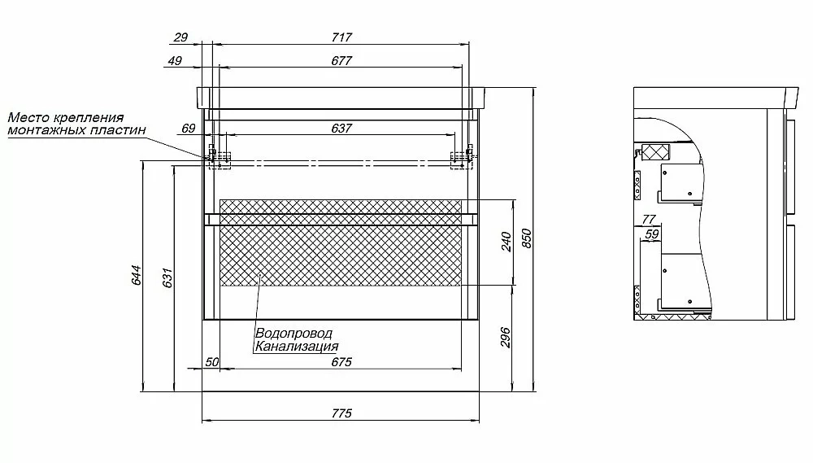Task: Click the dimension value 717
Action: (x=341, y=37)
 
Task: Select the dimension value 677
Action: (x=341, y=61)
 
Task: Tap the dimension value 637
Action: (x=341, y=129)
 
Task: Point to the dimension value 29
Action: (x=180, y=37)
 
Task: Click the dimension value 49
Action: (x=176, y=61)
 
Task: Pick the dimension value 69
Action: (x=189, y=129)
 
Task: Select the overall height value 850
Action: (x=527, y=238)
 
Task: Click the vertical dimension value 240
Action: (x=506, y=242)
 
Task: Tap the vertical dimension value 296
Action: (x=506, y=338)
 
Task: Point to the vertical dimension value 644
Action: (x=137, y=275)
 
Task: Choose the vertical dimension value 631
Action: (x=167, y=277)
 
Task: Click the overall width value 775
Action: (x=341, y=413)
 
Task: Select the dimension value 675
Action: (x=341, y=362)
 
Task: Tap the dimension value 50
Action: (x=212, y=362)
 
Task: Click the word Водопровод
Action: (x=293, y=334)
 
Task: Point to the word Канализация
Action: (x=297, y=346)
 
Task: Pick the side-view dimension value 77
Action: (x=649, y=220)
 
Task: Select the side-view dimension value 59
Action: (x=652, y=234)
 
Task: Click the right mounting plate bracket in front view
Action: (x=462, y=159)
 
